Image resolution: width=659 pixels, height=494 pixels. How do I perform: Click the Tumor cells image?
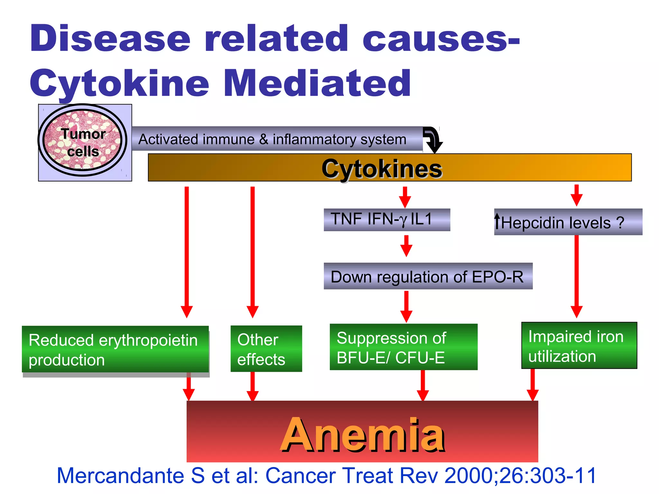click(x=83, y=142)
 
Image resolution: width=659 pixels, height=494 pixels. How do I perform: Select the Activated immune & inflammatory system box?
click(x=277, y=139)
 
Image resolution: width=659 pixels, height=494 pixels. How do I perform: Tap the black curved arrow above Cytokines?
click(x=433, y=139)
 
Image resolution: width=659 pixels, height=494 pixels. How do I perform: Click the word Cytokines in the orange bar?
click(x=382, y=169)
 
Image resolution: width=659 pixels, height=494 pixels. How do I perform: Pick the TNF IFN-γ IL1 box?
click(x=386, y=220)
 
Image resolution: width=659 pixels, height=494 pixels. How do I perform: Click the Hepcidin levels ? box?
click(x=568, y=222)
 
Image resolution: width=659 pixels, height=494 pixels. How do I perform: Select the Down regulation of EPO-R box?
click(x=428, y=276)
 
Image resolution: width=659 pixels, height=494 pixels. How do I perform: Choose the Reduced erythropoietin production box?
click(x=115, y=349)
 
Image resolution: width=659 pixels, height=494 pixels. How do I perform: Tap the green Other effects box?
click(x=266, y=349)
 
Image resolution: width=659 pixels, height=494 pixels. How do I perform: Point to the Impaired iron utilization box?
click(x=579, y=346)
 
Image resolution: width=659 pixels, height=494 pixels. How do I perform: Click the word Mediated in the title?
click(x=317, y=83)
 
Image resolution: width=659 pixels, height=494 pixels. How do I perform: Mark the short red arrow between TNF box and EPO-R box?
click(x=406, y=246)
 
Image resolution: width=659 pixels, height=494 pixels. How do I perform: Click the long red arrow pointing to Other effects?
click(x=253, y=251)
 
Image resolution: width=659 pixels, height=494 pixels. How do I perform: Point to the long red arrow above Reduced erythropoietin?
click(x=187, y=251)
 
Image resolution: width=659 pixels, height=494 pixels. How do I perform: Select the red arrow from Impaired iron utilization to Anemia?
click(x=533, y=384)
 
